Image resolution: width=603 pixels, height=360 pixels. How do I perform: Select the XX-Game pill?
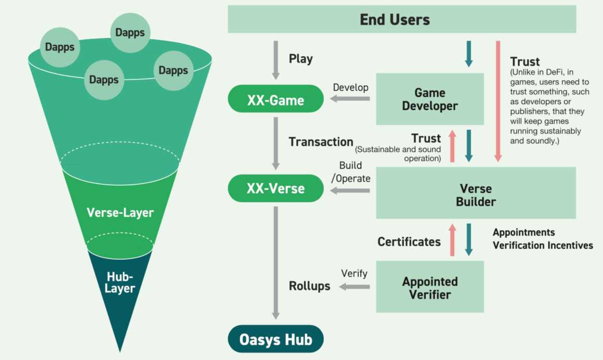[x=276, y=99]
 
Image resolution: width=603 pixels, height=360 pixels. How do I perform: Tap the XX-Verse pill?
[x=276, y=188]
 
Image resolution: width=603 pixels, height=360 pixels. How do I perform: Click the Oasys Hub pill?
[x=276, y=340]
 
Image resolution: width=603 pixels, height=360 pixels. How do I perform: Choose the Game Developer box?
[x=429, y=99]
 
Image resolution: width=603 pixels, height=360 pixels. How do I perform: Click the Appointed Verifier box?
[x=429, y=287]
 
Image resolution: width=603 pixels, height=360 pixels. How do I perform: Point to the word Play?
[x=300, y=59]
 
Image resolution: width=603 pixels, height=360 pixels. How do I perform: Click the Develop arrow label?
[x=350, y=87]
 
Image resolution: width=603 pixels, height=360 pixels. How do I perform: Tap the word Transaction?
[x=321, y=142]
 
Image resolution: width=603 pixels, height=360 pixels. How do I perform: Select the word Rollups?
[x=309, y=286]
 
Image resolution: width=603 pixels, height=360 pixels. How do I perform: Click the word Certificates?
[x=409, y=242]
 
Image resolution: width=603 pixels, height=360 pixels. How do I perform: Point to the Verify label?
[x=354, y=273]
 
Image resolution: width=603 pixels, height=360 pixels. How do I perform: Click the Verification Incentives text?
[x=543, y=245]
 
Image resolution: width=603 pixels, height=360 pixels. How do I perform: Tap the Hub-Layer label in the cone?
[x=120, y=282]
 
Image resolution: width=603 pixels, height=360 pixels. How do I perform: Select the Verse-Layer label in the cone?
[x=120, y=213]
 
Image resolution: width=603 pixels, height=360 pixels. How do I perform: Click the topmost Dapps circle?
[x=130, y=33]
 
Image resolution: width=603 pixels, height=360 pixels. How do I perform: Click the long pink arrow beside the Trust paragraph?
[x=498, y=101]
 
